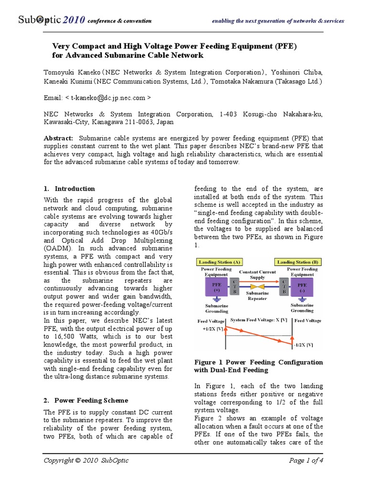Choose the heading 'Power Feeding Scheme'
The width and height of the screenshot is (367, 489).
tap(91, 400)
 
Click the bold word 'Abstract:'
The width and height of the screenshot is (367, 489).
tap(58, 138)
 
